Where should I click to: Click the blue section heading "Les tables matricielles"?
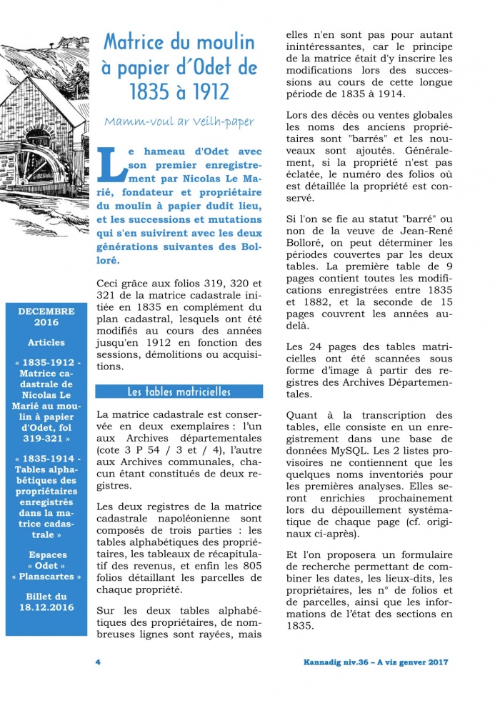point(179,392)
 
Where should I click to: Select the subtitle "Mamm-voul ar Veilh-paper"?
point(179,121)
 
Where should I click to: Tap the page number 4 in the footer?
point(98,662)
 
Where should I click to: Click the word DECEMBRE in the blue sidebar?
point(46,311)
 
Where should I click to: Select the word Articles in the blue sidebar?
point(46,342)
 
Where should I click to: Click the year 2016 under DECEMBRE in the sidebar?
point(46,322)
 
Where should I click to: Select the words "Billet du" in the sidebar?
point(46,596)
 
